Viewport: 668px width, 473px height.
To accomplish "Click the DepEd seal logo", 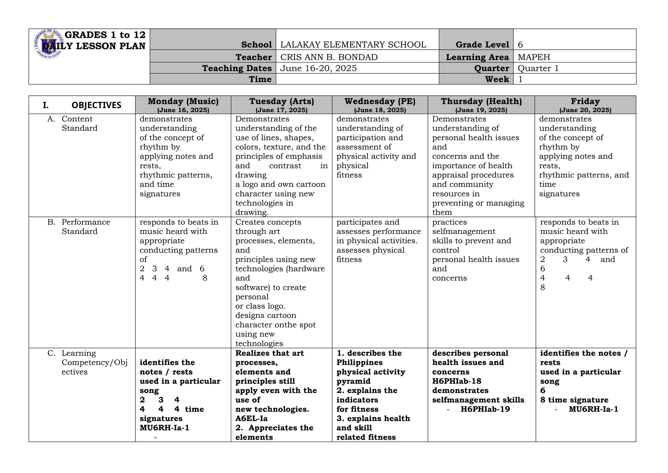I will coord(49,44).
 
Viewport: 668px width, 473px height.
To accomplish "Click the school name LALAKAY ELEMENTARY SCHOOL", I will coord(353,45).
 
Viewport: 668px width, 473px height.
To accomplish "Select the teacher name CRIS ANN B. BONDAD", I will coord(329,57).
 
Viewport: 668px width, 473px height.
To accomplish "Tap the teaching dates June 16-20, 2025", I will coord(318,68).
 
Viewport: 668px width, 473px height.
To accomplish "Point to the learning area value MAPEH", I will coord(534,57).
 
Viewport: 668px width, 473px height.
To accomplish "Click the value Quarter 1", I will coord(538,68).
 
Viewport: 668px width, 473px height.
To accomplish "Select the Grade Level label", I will coord(482,45).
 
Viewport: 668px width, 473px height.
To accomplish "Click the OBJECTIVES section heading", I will coord(96,105).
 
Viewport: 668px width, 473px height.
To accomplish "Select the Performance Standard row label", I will coord(85,227).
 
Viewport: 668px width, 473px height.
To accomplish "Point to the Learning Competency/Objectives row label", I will coord(94,362).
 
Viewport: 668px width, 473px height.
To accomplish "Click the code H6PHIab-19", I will coord(485,409).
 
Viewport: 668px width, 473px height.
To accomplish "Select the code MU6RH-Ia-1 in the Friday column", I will coord(593,409).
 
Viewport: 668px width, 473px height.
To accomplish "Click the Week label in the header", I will coord(497,79).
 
